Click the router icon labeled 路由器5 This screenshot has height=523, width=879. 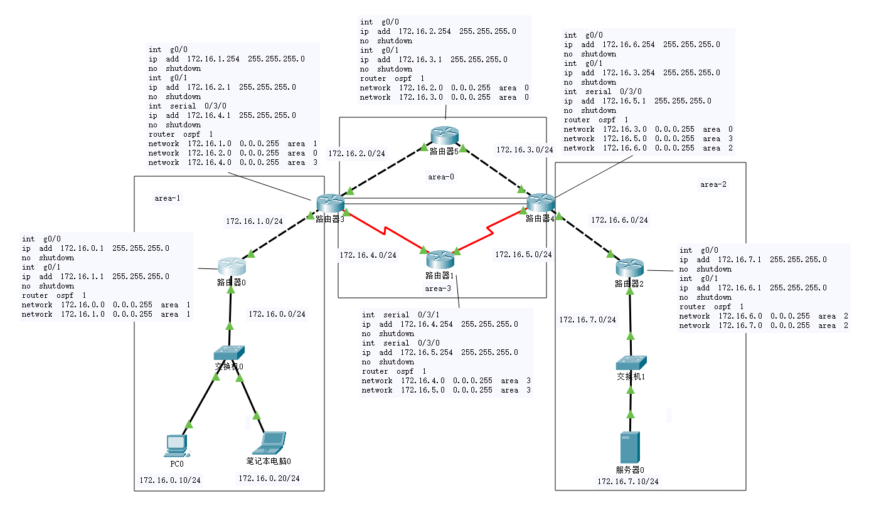(445, 135)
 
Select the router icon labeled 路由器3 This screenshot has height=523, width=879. (329, 203)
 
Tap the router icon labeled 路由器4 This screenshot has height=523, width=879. (540, 203)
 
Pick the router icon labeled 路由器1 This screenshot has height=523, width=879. (439, 258)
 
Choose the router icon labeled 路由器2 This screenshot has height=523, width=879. (629, 268)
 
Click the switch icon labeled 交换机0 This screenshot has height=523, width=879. (228, 353)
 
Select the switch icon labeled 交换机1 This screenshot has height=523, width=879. (631, 362)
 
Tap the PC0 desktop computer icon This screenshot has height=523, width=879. (176, 445)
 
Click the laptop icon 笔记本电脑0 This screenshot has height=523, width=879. (269, 443)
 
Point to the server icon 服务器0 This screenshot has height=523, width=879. (630, 448)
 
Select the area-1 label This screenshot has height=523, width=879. (167, 198)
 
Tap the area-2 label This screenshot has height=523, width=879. (713, 184)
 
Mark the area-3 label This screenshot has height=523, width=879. (438, 288)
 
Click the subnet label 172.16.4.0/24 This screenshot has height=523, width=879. (368, 255)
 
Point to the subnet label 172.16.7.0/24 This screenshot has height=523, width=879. (588, 320)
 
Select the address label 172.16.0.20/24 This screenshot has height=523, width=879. (269, 478)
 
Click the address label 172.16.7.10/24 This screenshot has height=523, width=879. (628, 482)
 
